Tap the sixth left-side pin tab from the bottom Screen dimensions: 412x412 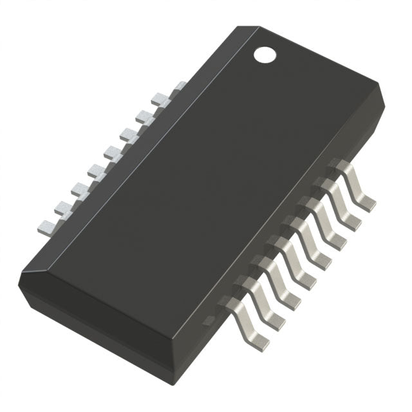pyautogui.click(x=128, y=135)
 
